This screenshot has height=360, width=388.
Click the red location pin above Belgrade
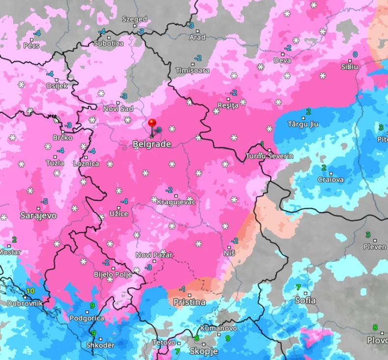click(x=152, y=123)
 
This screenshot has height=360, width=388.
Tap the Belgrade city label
click(x=152, y=144)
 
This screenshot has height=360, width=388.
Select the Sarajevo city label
click(x=38, y=216)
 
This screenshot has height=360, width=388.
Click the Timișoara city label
click(x=193, y=71)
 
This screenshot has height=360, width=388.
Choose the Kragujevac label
click(x=176, y=202)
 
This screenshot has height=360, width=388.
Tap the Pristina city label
click(x=189, y=302)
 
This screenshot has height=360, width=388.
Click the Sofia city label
click(x=305, y=300)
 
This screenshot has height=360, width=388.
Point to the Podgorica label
click(x=86, y=318)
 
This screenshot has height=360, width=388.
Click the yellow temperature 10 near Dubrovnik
click(x=30, y=291)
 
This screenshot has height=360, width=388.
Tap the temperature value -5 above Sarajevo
click(x=44, y=201)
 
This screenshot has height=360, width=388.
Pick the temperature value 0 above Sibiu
click(x=355, y=55)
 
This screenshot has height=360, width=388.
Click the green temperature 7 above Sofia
click(x=298, y=287)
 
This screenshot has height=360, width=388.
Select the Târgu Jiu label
click(x=303, y=124)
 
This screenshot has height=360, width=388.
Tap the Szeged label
click(x=134, y=19)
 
